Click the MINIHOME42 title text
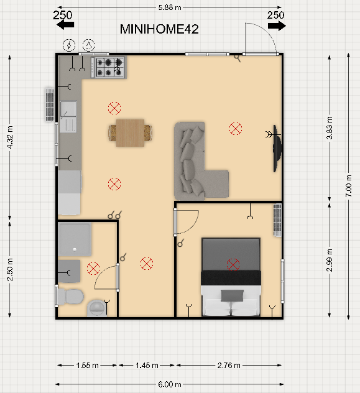pyautogui.click(x=159, y=29)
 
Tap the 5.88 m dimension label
pyautogui.click(x=170, y=7)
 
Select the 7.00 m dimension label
pyautogui.click(x=349, y=186)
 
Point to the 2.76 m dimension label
pyautogui.click(x=229, y=366)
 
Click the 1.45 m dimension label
pyautogui.click(x=147, y=366)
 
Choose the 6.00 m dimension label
pyautogui.click(x=170, y=384)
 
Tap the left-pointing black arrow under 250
pyautogui.click(x=65, y=25)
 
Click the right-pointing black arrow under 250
pyautogui.click(x=277, y=26)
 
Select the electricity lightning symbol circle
pyautogui.click(x=69, y=45)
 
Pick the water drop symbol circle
pyautogui.click(x=89, y=45)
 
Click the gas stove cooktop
pyautogui.click(x=108, y=67)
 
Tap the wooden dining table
pyautogui.click(x=130, y=133)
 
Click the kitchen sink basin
pyautogui.click(x=68, y=109)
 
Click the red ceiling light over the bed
pyautogui.click(x=233, y=265)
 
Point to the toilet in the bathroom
pyautogui.click(x=70, y=297)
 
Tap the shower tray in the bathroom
pyautogui.click(x=75, y=239)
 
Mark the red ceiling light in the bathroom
pyautogui.click(x=93, y=269)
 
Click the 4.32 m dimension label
pyautogui.click(x=10, y=137)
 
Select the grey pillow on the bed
pyautogui.click(x=232, y=295)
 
